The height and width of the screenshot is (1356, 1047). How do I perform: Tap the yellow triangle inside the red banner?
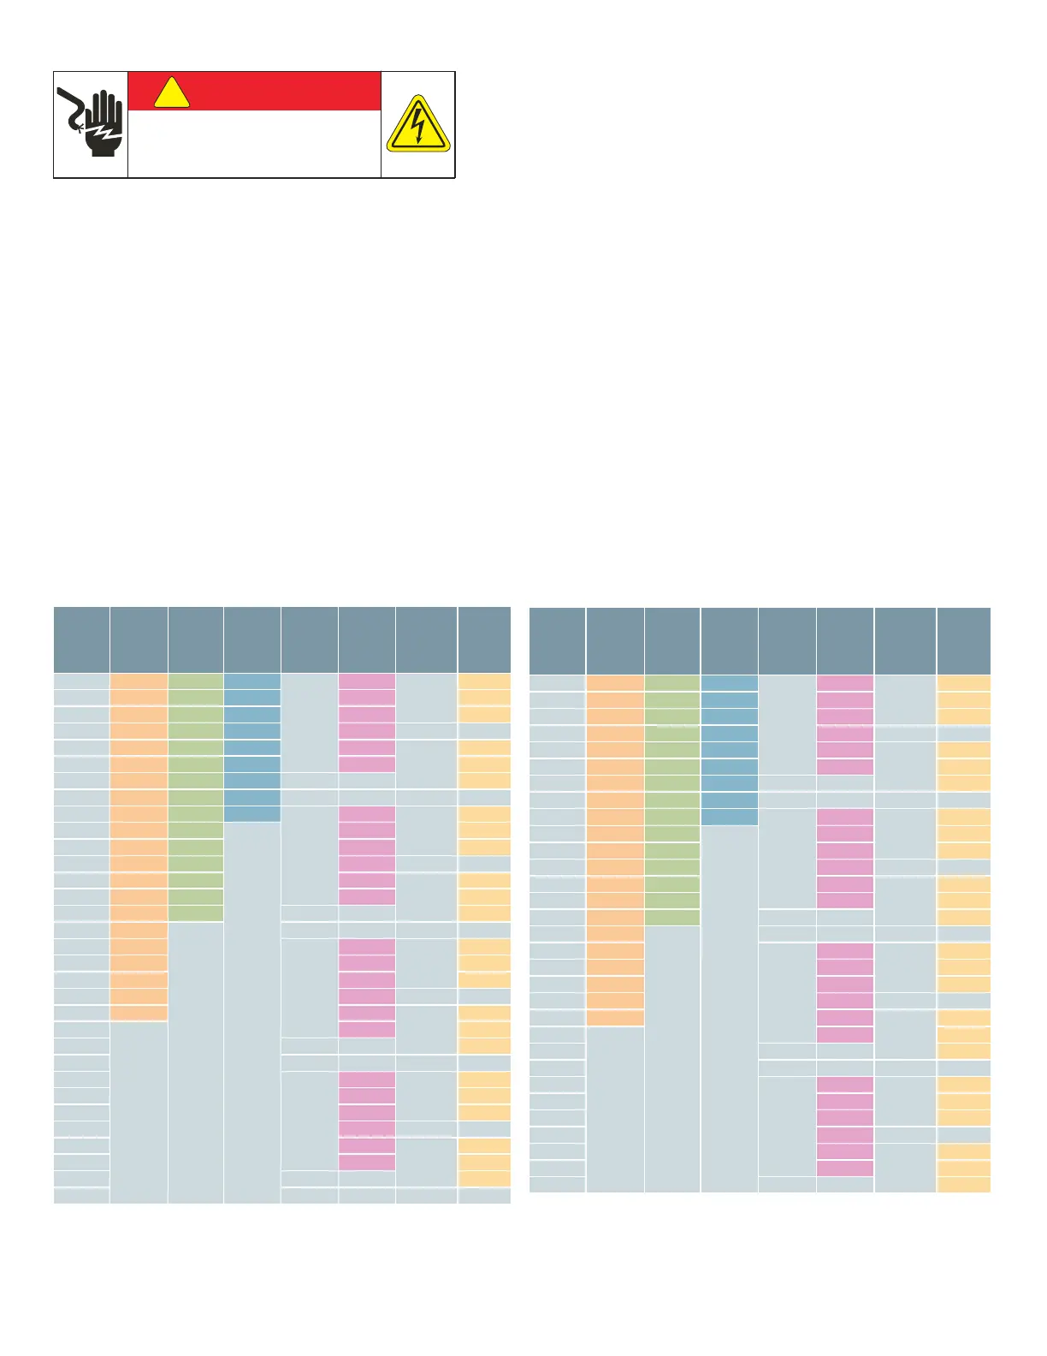(x=172, y=93)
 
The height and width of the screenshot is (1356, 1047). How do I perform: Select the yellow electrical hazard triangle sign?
(x=417, y=125)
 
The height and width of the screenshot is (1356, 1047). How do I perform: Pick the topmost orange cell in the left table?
(x=139, y=682)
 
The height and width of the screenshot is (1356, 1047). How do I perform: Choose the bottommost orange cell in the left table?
(x=139, y=1013)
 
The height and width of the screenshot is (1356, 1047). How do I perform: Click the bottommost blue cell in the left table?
(x=252, y=813)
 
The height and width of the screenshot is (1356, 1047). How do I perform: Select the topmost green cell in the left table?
(x=196, y=682)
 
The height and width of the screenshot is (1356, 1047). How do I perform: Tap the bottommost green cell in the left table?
(x=196, y=913)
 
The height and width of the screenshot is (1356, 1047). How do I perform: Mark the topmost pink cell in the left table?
(x=367, y=682)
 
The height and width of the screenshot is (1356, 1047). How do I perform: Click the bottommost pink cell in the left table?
(x=367, y=1162)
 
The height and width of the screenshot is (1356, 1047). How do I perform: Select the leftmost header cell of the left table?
(x=81, y=640)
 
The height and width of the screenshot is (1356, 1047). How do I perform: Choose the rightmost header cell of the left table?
(x=484, y=640)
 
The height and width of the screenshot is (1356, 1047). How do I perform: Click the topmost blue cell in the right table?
(x=729, y=684)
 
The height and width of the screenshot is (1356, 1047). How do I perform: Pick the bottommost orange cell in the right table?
(x=615, y=1018)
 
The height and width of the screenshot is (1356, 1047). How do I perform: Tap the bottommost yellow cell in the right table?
(x=964, y=1184)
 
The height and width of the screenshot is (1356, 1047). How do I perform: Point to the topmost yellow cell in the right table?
(x=964, y=684)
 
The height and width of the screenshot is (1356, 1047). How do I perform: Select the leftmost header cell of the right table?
(x=557, y=641)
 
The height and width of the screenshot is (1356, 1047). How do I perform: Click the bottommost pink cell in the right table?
(x=845, y=1168)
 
